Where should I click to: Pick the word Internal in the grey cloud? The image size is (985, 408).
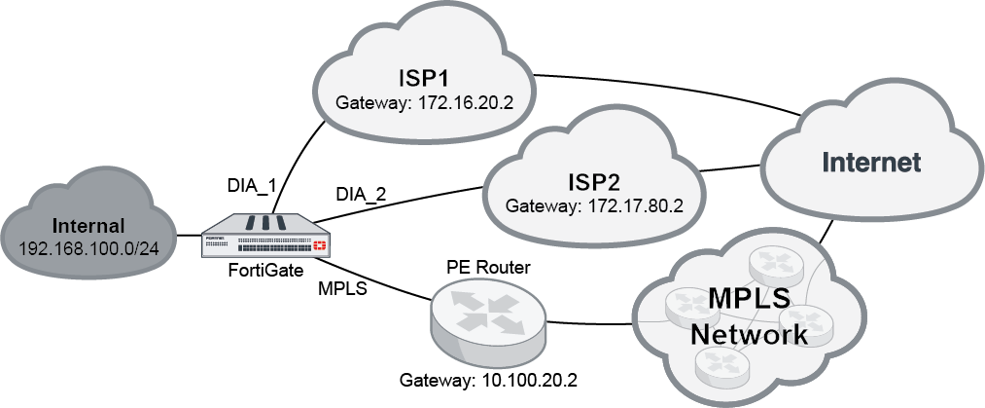coord(88,227)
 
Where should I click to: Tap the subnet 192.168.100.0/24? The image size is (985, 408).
coord(89,249)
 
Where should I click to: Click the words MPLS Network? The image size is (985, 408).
coord(748,315)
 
